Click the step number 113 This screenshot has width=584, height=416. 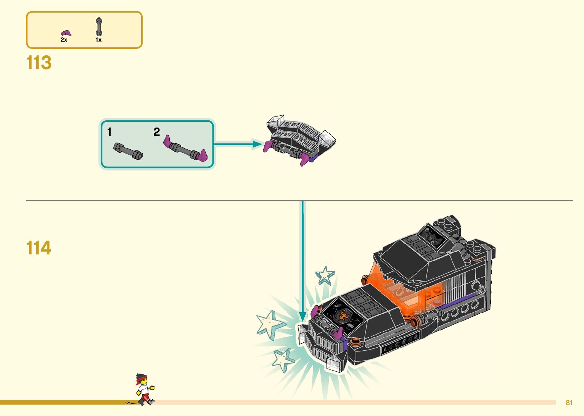(39, 63)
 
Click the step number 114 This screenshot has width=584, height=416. (39, 248)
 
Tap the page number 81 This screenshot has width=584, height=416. (569, 403)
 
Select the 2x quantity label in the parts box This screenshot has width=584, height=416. (64, 40)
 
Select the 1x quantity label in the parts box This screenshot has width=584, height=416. (98, 40)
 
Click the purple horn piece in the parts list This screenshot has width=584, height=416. (66, 33)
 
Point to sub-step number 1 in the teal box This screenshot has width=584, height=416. (109, 132)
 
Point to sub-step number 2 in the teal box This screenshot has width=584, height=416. (156, 132)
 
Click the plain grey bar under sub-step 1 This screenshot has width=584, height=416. (128, 151)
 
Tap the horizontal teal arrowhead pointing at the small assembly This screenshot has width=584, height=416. (257, 144)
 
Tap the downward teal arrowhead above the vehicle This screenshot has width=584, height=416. (302, 317)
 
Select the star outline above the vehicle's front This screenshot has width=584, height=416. (325, 275)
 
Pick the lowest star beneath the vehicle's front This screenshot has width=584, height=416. (283, 360)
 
